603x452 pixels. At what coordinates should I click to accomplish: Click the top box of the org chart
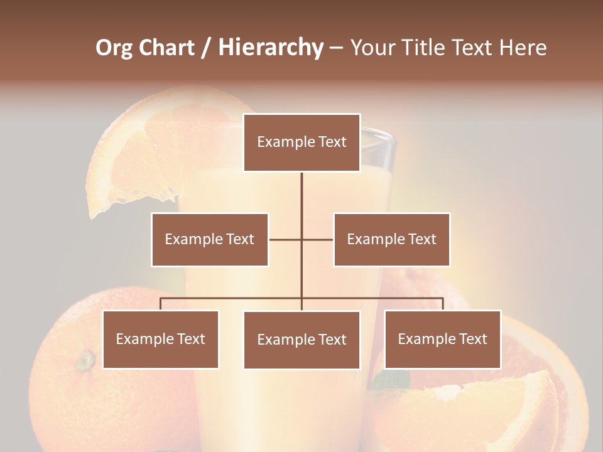pyautogui.click(x=301, y=143)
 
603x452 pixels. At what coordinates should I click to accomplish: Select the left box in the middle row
pyautogui.click(x=210, y=239)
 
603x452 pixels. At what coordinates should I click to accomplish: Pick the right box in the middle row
pyautogui.click(x=392, y=239)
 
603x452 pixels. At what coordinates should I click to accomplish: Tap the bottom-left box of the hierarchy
pyautogui.click(x=161, y=339)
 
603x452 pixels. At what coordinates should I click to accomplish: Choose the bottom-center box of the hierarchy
pyautogui.click(x=301, y=340)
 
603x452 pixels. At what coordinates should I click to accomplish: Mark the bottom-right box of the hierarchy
pyautogui.click(x=443, y=339)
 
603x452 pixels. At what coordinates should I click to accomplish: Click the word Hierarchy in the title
pyautogui.click(x=271, y=48)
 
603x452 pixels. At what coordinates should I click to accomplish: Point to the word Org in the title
pyautogui.click(x=115, y=48)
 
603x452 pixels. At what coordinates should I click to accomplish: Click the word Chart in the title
pyautogui.click(x=166, y=48)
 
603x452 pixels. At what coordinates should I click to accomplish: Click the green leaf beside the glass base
pyautogui.click(x=391, y=380)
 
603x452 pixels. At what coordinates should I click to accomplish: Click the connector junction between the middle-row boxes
pyautogui.click(x=301, y=239)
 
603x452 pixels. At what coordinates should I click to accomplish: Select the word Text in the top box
pyautogui.click(x=331, y=143)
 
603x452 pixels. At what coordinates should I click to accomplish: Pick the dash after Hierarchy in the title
pyautogui.click(x=336, y=48)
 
